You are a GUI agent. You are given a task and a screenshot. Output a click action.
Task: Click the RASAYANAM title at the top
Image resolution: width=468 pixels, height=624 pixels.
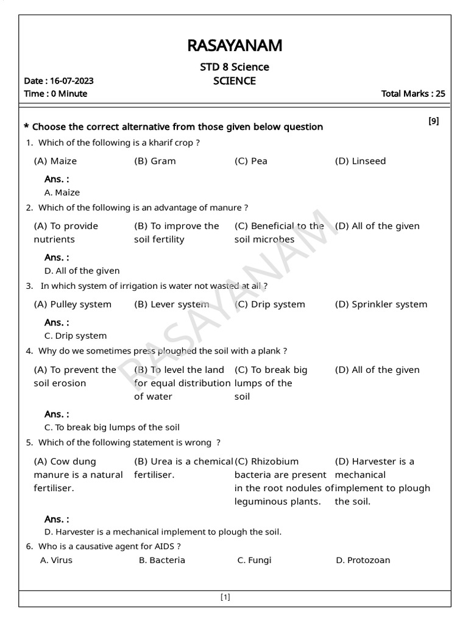click(x=235, y=46)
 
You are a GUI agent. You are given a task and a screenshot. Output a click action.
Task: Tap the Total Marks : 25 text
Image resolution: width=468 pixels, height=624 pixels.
click(x=413, y=94)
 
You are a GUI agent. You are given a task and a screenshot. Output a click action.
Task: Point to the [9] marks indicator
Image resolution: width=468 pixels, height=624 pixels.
click(x=433, y=121)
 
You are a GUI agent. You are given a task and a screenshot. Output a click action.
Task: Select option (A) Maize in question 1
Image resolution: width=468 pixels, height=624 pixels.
click(x=55, y=161)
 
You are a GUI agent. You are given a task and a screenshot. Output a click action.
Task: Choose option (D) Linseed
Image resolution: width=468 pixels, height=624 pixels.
click(x=360, y=161)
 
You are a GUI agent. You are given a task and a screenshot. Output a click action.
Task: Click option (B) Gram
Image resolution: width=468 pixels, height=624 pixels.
click(x=155, y=161)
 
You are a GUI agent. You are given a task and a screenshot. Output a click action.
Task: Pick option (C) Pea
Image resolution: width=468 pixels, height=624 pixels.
click(x=250, y=161)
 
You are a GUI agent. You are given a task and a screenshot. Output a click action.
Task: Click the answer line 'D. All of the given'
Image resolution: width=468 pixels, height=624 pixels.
click(x=82, y=271)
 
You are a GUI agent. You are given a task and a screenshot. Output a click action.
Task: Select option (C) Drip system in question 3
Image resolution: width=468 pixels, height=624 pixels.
click(x=269, y=305)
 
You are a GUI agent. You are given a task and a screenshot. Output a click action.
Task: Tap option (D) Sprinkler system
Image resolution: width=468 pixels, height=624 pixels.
click(x=381, y=305)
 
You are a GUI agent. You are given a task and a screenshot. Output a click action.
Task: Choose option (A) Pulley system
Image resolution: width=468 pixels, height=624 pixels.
click(x=73, y=305)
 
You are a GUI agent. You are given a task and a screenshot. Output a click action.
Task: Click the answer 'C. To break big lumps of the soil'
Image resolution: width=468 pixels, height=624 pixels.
click(x=112, y=428)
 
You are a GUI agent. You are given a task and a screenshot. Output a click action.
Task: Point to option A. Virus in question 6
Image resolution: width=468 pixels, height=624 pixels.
click(x=56, y=561)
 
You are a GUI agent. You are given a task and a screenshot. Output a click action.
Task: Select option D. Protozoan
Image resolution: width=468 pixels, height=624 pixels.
click(x=363, y=561)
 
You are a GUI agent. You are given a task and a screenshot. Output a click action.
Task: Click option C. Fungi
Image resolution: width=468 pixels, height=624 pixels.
click(x=254, y=561)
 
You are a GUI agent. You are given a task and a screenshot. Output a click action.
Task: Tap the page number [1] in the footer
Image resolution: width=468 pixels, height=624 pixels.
click(x=225, y=598)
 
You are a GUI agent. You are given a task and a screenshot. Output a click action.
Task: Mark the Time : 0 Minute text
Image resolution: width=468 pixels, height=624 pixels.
click(x=55, y=94)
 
